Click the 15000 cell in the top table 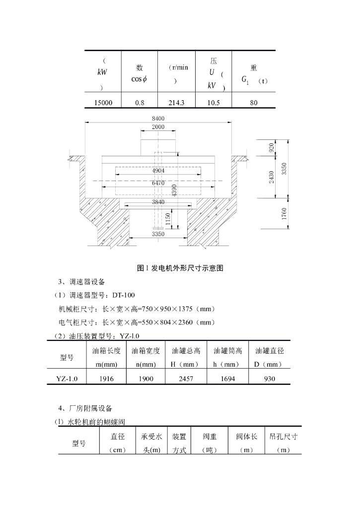coord(103,103)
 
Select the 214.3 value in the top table coord(176,103)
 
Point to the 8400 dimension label coord(158,118)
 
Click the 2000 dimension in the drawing coord(158,127)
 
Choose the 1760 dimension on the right coord(284,214)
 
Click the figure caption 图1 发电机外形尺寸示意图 coord(180,268)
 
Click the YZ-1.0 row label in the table coord(67,379)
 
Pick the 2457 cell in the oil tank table coord(186,379)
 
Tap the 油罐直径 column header coord(269,351)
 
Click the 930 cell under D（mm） coord(269,379)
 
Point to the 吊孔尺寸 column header coord(283,437)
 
